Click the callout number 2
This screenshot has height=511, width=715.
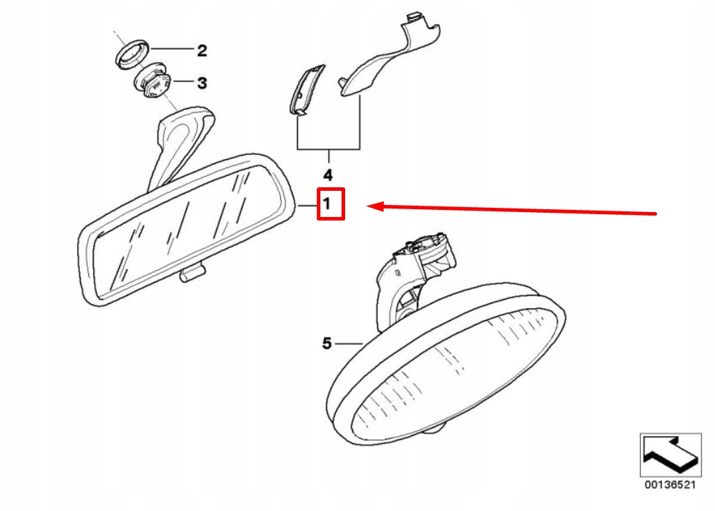202,50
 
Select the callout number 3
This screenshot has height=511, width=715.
202,83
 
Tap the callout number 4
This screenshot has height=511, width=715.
327,174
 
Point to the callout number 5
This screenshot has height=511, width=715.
327,343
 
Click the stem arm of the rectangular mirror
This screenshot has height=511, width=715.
177,141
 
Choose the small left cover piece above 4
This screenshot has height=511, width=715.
306,88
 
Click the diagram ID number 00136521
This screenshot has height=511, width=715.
670,486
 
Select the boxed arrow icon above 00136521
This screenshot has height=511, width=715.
670,455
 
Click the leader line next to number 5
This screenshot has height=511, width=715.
349,343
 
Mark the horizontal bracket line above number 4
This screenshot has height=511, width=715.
329,149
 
